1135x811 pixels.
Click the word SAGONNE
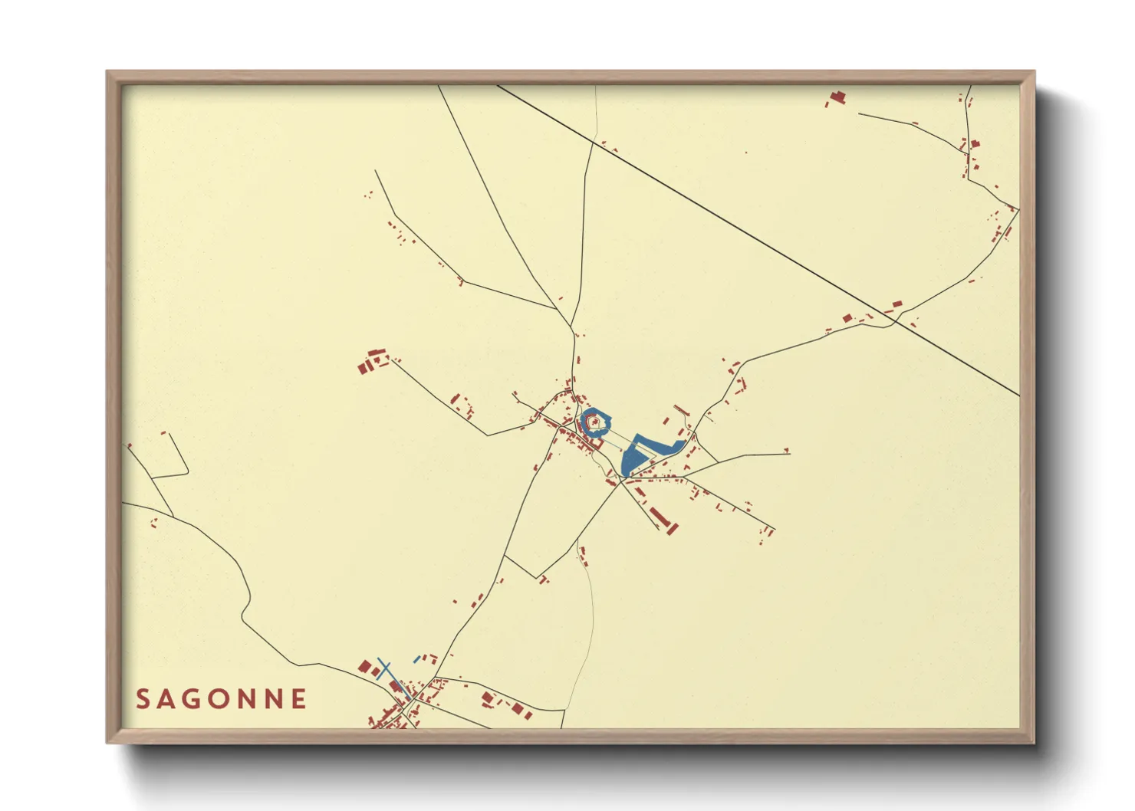click(222, 699)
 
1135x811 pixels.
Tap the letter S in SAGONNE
click(143, 699)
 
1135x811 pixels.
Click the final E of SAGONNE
click(300, 699)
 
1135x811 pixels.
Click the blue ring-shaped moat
click(606, 419)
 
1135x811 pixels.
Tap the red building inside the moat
click(594, 422)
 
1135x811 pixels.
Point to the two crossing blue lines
click(384, 668)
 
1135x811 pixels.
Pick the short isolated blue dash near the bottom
click(416, 659)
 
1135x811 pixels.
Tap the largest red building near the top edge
click(837, 97)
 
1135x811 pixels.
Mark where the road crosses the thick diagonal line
click(896, 322)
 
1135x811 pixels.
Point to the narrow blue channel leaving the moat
click(614, 440)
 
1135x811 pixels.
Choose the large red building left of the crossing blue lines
click(366, 666)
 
